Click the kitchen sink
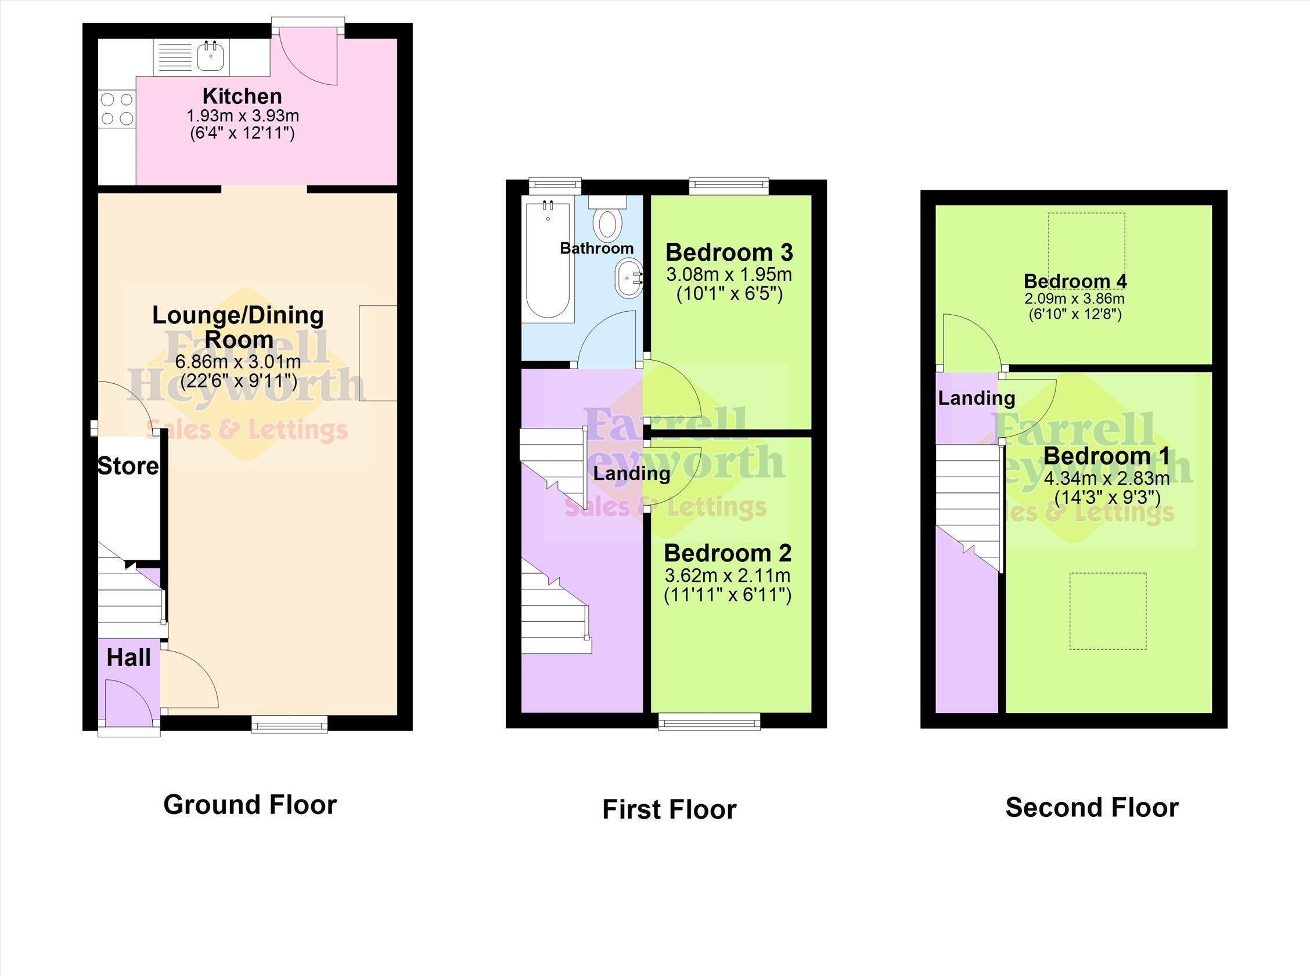[192, 57]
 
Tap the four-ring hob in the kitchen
[117, 109]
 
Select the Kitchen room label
[242, 96]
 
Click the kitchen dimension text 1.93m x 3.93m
[243, 116]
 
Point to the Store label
[128, 466]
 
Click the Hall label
[129, 658]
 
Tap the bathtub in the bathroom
[548, 260]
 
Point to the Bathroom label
[597, 248]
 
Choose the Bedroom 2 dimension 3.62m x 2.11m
[728, 575]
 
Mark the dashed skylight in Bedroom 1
[1108, 611]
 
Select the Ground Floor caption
[250, 805]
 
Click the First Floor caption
[670, 809]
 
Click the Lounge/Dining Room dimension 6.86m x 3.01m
[238, 362]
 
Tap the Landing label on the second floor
[977, 398]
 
